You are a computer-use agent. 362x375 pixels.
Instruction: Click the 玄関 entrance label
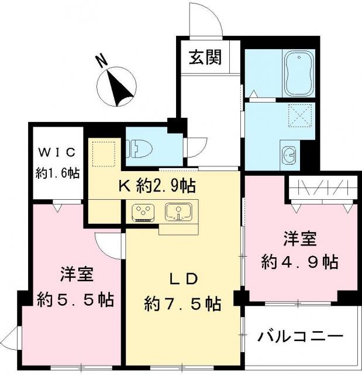(205, 57)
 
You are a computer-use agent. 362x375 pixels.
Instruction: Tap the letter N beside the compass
(102, 61)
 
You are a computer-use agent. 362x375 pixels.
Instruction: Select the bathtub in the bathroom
(298, 73)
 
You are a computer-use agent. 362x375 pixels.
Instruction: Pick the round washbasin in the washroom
(289, 155)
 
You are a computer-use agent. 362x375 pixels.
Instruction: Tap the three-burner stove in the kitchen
(143, 212)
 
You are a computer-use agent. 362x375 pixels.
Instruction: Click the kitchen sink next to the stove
(178, 212)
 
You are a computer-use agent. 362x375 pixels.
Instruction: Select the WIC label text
(57, 152)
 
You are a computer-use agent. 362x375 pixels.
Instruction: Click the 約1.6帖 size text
(57, 173)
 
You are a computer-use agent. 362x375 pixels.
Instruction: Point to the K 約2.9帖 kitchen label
(157, 186)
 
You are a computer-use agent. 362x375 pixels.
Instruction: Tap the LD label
(184, 279)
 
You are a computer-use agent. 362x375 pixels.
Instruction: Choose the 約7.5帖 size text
(182, 304)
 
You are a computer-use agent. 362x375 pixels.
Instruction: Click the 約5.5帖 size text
(75, 299)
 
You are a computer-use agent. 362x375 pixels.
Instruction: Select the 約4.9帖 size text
(299, 262)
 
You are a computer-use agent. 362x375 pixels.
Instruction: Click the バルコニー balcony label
(300, 337)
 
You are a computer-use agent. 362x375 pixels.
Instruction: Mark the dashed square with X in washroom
(300, 115)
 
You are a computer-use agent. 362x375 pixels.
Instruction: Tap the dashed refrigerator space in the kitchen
(104, 154)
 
